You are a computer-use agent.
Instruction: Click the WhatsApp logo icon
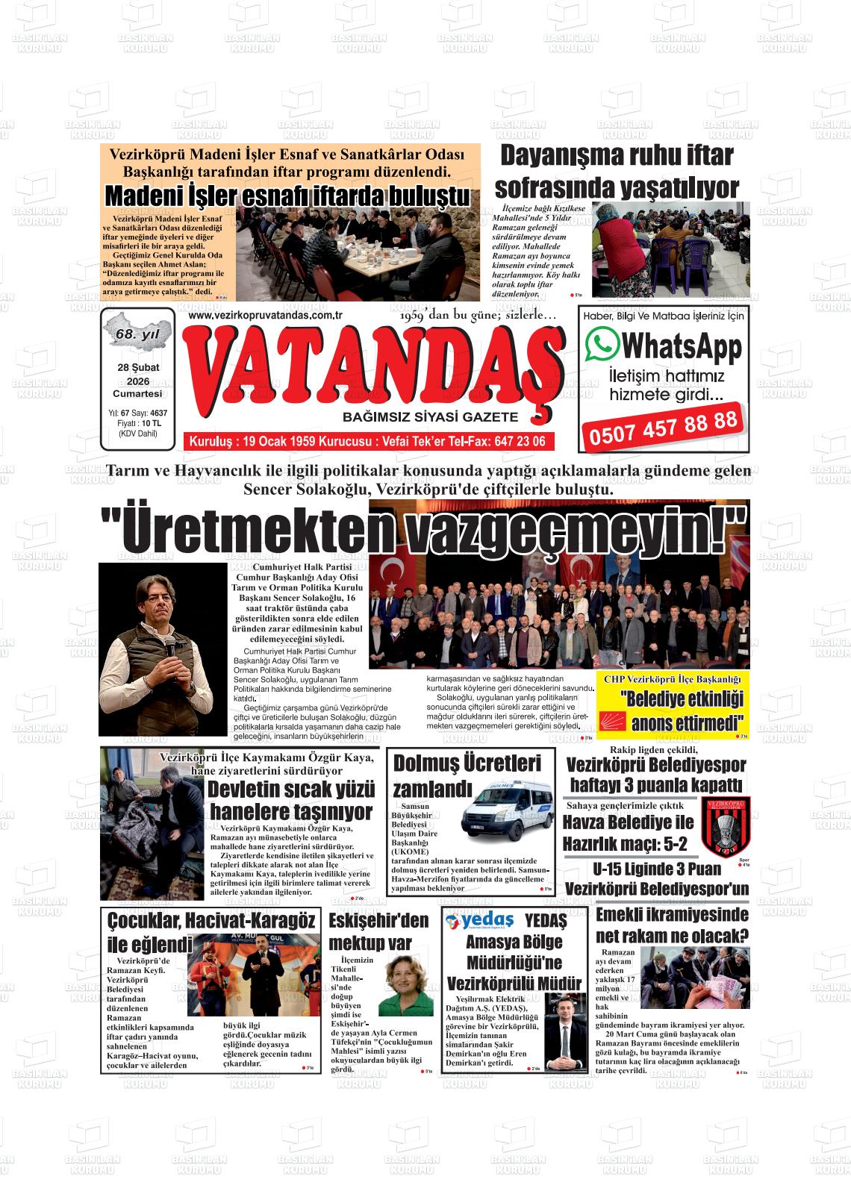pyautogui.click(x=602, y=346)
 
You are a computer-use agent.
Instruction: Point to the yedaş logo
pyautogui.click(x=480, y=920)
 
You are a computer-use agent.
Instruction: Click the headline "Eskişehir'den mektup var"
pyautogui.click(x=379, y=931)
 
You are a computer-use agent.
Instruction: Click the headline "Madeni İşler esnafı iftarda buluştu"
pyautogui.click(x=288, y=196)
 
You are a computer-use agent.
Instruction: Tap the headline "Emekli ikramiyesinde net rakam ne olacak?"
pyautogui.click(x=672, y=925)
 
